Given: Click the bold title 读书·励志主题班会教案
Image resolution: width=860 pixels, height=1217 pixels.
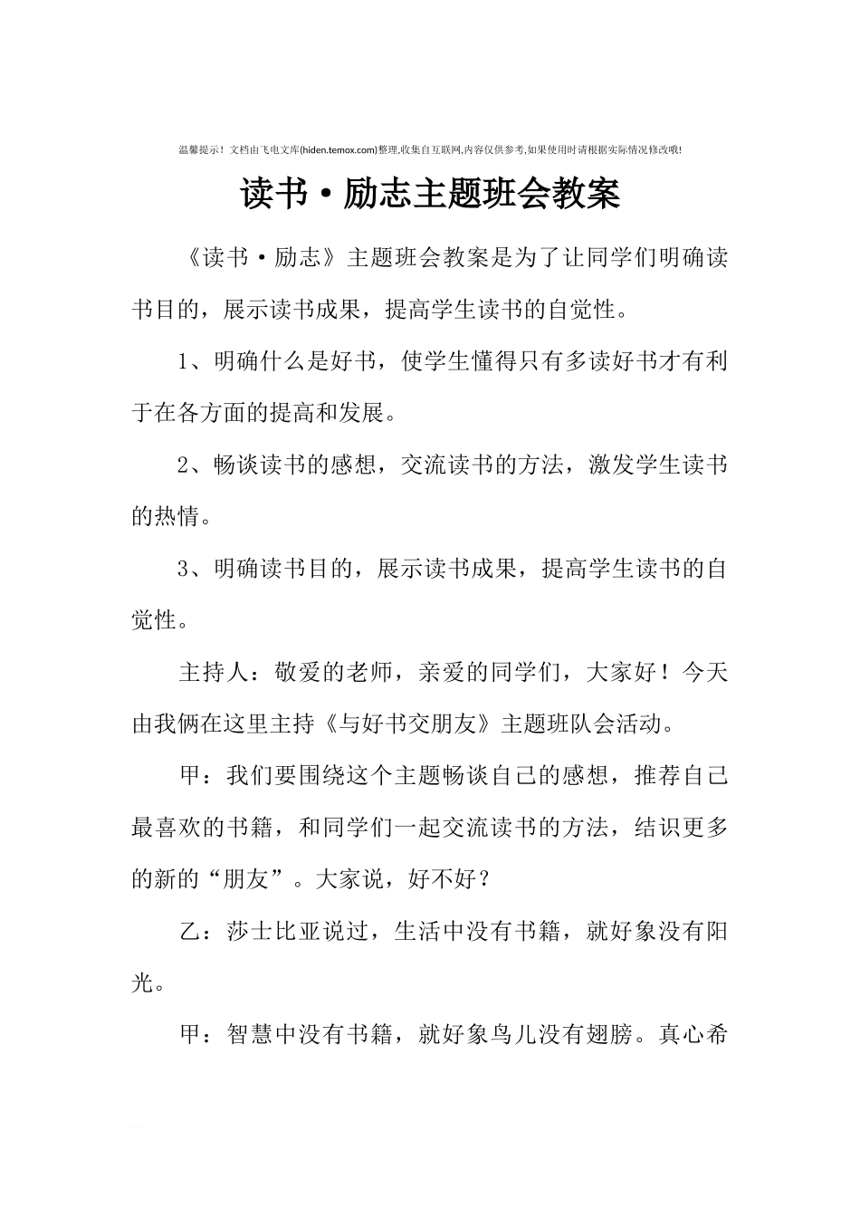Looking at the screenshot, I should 430,195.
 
